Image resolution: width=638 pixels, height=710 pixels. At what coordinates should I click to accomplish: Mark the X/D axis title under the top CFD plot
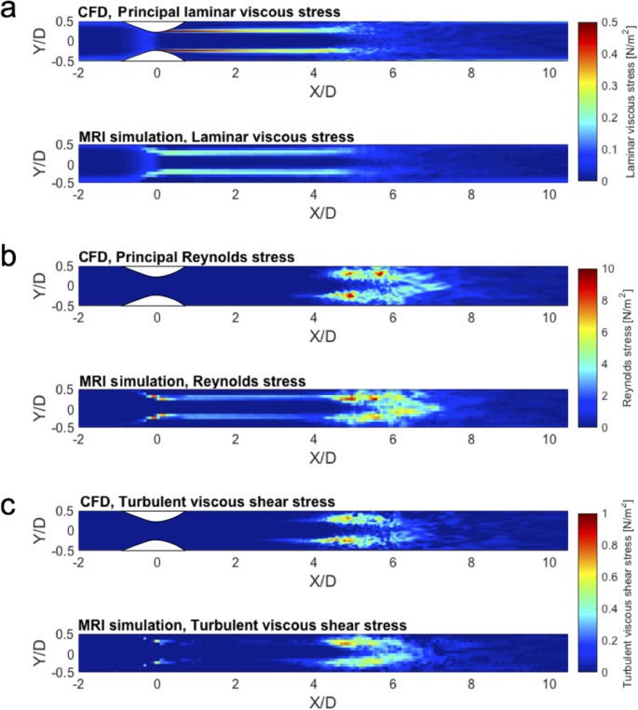(323, 90)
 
